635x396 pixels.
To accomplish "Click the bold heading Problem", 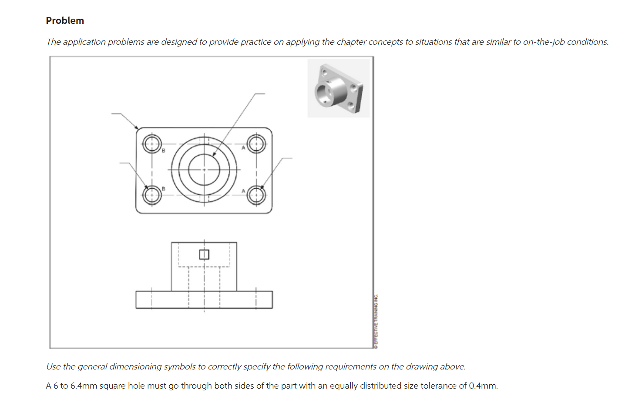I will [x=65, y=21].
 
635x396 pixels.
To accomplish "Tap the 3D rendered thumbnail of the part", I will [x=339, y=89].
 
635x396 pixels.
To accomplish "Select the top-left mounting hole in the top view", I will [x=152, y=143].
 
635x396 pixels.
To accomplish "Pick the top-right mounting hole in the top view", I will [x=256, y=143].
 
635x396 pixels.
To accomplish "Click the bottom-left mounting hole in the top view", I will [x=152, y=195].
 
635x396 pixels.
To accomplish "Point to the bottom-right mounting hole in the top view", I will [x=256, y=195].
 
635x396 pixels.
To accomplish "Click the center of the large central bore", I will [x=204, y=170].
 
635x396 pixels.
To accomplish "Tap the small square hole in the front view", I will [x=204, y=254].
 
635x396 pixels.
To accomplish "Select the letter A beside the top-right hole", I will [x=243, y=148].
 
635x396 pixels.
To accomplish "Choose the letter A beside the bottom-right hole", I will [x=243, y=191].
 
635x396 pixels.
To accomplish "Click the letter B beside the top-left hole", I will [x=164, y=151].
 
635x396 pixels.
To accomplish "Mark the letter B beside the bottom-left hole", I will [x=164, y=189].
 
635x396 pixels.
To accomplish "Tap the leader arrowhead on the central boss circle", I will [x=214, y=154].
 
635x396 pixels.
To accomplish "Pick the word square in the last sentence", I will [x=113, y=386].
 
